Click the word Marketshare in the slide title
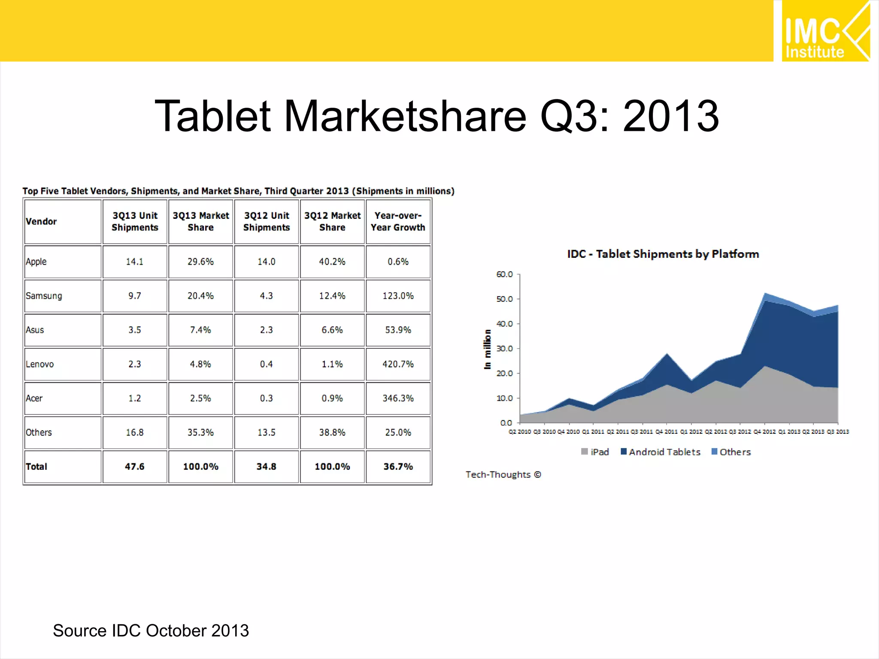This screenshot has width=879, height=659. (x=405, y=116)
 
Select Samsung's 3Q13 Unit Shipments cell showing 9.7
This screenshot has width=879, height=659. (x=134, y=296)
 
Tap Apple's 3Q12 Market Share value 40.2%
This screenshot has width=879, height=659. (x=332, y=262)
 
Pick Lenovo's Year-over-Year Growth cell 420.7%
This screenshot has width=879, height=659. (x=398, y=364)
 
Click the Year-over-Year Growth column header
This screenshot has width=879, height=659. (x=398, y=221)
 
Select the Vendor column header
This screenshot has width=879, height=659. (x=41, y=221)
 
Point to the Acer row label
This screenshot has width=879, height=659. (x=34, y=398)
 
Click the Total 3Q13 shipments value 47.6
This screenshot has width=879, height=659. (x=134, y=466)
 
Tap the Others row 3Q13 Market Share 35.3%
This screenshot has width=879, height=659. (x=200, y=432)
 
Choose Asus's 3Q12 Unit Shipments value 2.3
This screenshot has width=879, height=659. (x=266, y=330)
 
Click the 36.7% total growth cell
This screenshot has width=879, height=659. (x=398, y=466)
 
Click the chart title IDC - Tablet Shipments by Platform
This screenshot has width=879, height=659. (x=663, y=254)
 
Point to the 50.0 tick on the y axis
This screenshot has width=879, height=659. (x=504, y=299)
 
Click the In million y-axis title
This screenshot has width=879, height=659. (x=487, y=349)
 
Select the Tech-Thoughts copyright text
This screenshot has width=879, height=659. (x=503, y=475)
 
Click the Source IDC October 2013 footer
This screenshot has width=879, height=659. (x=151, y=631)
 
